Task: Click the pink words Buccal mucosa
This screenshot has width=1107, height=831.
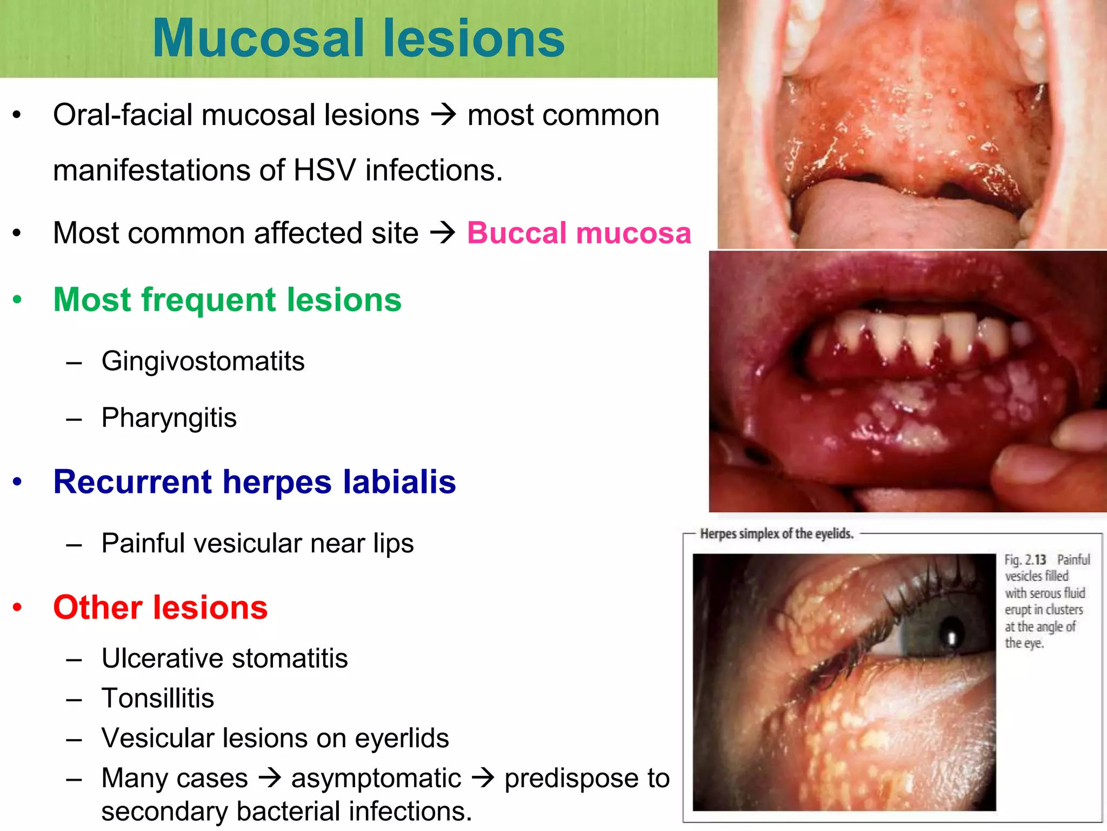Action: tap(579, 233)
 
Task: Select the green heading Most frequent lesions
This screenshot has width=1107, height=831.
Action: tap(227, 300)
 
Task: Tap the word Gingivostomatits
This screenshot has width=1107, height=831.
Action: tap(203, 361)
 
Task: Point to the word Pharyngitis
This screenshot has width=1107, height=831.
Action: tap(169, 418)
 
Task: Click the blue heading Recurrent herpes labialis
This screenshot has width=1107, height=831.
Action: tap(254, 482)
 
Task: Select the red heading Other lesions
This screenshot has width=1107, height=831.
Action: tap(160, 607)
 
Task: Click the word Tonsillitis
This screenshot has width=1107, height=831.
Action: tap(157, 698)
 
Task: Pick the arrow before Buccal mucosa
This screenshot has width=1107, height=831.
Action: tap(443, 233)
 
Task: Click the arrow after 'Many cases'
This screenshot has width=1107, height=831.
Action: tap(270, 778)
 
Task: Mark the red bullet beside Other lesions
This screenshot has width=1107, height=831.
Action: tap(17, 607)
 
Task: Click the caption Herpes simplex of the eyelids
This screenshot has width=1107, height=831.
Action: tap(776, 534)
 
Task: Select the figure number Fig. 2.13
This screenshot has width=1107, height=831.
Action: tap(1025, 559)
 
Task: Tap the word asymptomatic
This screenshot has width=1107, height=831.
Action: tap(376, 778)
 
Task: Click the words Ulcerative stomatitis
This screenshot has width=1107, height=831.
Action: tap(224, 658)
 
